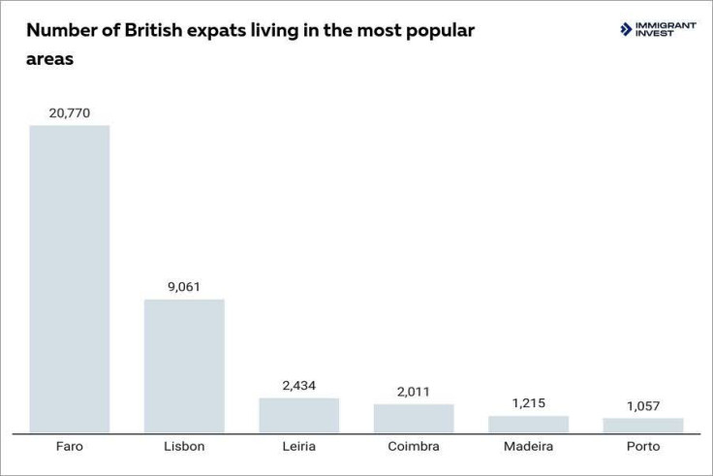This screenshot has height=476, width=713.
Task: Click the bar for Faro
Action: click(x=70, y=279)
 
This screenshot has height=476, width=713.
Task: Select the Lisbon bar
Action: click(x=184, y=365)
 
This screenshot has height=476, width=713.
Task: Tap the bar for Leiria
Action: click(x=298, y=415)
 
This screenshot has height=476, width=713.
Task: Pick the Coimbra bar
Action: click(x=414, y=418)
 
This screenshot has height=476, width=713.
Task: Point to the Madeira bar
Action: click(x=528, y=424)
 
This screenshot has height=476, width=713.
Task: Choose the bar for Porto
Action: click(x=643, y=425)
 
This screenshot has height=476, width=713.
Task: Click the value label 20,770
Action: click(x=70, y=112)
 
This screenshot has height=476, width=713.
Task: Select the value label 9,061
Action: click(x=184, y=286)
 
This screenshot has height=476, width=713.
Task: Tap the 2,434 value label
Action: click(x=298, y=385)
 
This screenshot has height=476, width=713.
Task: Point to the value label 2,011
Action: click(x=414, y=391)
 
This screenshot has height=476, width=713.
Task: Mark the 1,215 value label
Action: click(x=528, y=402)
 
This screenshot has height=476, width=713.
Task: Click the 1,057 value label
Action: click(x=643, y=405)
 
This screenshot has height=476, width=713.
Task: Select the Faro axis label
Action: click(x=70, y=447)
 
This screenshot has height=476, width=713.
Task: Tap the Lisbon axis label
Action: click(x=184, y=447)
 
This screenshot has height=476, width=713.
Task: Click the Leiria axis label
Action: click(x=298, y=447)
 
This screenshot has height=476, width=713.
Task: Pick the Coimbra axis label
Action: click(x=414, y=447)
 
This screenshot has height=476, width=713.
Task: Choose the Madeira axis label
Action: click(x=528, y=447)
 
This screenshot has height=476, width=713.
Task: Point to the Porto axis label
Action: click(x=643, y=447)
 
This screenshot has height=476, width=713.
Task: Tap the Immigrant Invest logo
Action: click(x=658, y=29)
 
